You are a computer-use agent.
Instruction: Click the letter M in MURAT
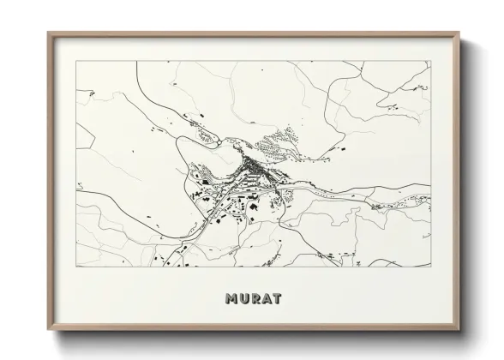231,299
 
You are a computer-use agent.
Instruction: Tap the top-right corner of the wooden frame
460,33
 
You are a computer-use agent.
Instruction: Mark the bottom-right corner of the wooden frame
460,329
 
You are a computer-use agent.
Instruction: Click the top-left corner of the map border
76,61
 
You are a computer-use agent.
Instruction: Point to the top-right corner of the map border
431,61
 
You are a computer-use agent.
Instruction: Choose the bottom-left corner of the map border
76,267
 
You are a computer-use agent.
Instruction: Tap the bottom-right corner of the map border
431,267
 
